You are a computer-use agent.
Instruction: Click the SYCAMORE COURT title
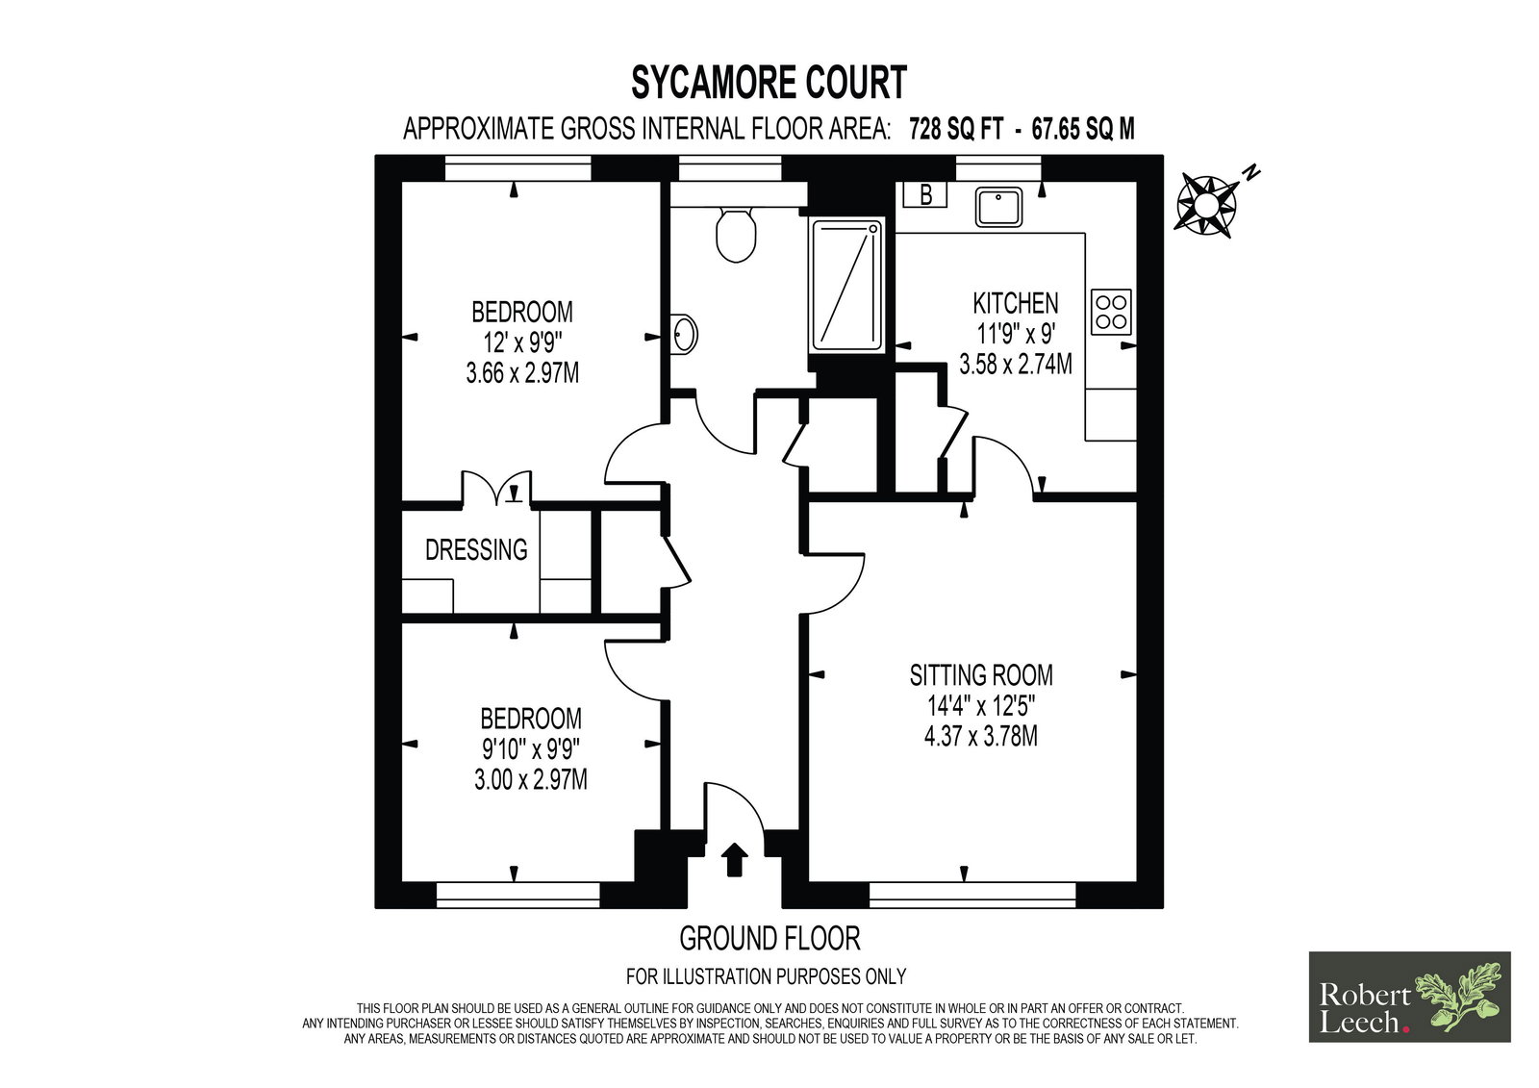pos(769,83)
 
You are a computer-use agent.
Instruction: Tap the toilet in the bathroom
pos(736,235)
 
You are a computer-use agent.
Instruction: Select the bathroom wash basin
pos(683,335)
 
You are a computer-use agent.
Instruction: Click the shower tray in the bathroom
pos(846,286)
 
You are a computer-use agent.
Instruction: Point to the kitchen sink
pos(998,207)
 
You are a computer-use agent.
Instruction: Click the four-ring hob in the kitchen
pos(1111,312)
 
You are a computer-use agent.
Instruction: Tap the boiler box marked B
pos(924,194)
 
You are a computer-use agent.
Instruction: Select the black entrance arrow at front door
pos(735,859)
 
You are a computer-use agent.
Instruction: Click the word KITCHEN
pos(1016,303)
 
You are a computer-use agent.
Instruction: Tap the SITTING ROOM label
pos(981,675)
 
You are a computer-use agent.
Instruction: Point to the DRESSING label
pos(476,550)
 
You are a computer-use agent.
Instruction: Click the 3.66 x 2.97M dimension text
pos(522,373)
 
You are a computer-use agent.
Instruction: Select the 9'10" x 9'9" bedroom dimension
pos(530,749)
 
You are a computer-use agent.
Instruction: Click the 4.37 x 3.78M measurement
pos(980,736)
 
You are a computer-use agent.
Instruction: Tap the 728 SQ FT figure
pos(956,129)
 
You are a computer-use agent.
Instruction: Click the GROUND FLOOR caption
pos(769,938)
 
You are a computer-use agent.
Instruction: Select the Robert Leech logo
pos(1410,997)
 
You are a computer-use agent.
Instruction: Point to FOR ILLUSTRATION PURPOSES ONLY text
pos(766,976)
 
